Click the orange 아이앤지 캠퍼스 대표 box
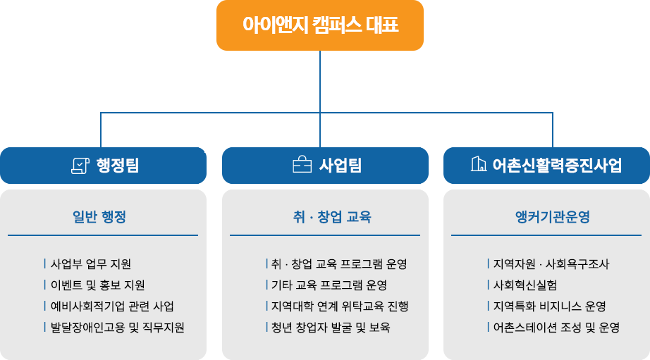pyautogui.click(x=320, y=26)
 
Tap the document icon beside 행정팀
pyautogui.click(x=80, y=166)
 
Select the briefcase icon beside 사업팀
pyautogui.click(x=302, y=166)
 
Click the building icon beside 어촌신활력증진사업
pyautogui.click(x=478, y=165)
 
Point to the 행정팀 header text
pyautogui.click(x=117, y=166)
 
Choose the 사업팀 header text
pyautogui.click(x=340, y=166)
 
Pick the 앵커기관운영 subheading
pyautogui.click(x=553, y=217)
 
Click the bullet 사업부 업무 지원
pyautogui.click(x=91, y=264)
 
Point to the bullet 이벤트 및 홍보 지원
pyautogui.click(x=98, y=285)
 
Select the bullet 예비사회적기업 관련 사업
pyautogui.click(x=112, y=306)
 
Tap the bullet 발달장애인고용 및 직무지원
pyautogui.click(x=118, y=328)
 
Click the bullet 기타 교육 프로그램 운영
pyautogui.click(x=329, y=285)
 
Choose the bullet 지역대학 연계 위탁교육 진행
pyautogui.click(x=339, y=306)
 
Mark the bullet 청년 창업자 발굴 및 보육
pyautogui.click(x=331, y=328)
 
